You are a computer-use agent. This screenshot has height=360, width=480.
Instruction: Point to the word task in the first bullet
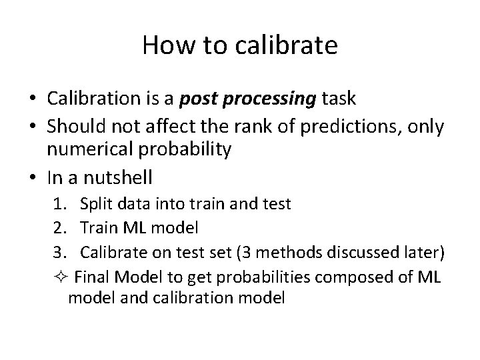(338, 99)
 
